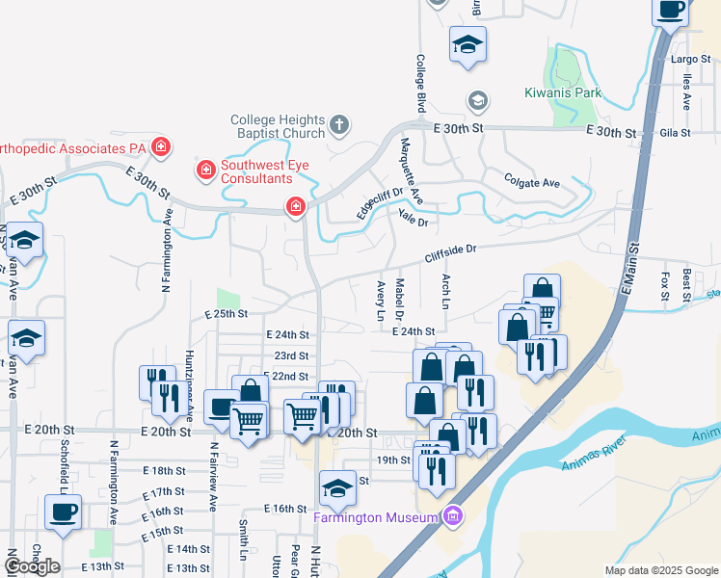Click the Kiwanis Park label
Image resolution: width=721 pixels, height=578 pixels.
pyautogui.click(x=563, y=93)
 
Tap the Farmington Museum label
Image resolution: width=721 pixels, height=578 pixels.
pyautogui.click(x=376, y=518)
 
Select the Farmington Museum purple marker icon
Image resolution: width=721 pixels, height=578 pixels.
pyautogui.click(x=453, y=517)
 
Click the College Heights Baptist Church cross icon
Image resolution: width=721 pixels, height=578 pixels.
pyautogui.click(x=338, y=123)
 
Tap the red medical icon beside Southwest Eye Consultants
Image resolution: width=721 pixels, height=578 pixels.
pyautogui.click(x=205, y=171)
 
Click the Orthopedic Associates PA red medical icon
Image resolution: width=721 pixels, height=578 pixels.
pyautogui.click(x=161, y=147)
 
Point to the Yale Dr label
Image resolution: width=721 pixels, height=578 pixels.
pyautogui.click(x=412, y=218)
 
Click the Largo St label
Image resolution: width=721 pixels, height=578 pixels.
pyautogui.click(x=690, y=60)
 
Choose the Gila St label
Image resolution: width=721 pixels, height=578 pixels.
pyautogui.click(x=678, y=132)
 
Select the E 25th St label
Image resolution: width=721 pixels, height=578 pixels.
pyautogui.click(x=227, y=315)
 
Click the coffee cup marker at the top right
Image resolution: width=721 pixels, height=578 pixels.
pyautogui.click(x=672, y=10)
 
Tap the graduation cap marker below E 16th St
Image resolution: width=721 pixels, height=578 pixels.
pyautogui.click(x=337, y=488)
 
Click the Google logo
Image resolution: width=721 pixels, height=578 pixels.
pyautogui.click(x=32, y=566)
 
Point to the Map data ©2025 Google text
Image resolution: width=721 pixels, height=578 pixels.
pyautogui.click(x=660, y=570)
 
